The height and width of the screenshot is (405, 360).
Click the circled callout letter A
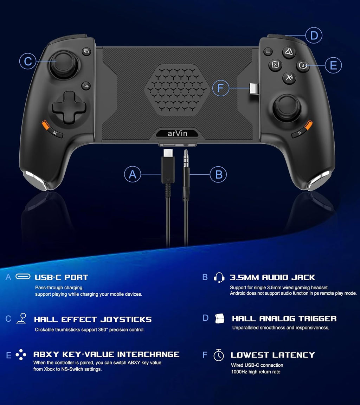(x=133, y=174)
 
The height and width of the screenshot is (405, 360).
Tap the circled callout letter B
(x=218, y=174)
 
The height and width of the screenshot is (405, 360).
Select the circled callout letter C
(x=28, y=61)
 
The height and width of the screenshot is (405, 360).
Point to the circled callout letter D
(x=314, y=35)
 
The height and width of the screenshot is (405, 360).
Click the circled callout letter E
(x=333, y=65)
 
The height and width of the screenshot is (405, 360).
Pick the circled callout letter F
(x=220, y=88)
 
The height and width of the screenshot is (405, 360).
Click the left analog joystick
(x=64, y=65)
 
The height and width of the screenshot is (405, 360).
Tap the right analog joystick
(x=287, y=108)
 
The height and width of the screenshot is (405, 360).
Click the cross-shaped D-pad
(x=69, y=108)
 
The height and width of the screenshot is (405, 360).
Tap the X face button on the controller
(x=275, y=65)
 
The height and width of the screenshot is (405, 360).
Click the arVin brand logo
(x=178, y=133)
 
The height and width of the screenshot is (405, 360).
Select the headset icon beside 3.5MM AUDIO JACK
(x=219, y=277)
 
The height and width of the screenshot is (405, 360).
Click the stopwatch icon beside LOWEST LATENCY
(x=219, y=355)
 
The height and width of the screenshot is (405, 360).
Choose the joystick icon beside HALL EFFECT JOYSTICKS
(x=21, y=318)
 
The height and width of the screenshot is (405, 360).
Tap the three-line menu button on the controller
(x=268, y=51)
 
